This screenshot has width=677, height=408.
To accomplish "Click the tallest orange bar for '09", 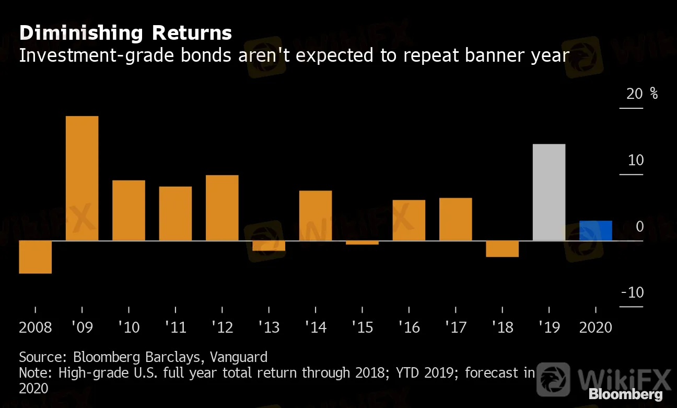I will [x=82, y=178].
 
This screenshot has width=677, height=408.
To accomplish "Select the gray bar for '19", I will [x=548, y=192].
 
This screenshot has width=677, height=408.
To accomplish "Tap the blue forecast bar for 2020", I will [x=596, y=231].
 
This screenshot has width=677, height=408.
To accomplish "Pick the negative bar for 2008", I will [x=35, y=257].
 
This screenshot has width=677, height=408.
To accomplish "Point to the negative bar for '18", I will [x=502, y=249].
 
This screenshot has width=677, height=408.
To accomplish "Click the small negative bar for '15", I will [x=362, y=243].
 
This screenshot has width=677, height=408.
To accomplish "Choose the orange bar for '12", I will [x=222, y=208].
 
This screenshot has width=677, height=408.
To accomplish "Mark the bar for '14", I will [x=316, y=216].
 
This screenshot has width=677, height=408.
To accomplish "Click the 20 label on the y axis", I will [x=635, y=94].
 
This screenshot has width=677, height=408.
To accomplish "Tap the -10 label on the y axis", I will [x=633, y=293].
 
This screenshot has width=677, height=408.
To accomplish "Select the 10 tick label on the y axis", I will [x=636, y=160].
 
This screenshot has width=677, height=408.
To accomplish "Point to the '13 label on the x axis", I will [x=269, y=328].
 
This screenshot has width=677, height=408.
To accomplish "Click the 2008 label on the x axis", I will [x=36, y=328].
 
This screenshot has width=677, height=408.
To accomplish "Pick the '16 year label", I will [x=409, y=328].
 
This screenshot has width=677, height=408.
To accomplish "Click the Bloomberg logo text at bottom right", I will [x=626, y=394].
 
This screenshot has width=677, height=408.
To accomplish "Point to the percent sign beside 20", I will [x=654, y=94].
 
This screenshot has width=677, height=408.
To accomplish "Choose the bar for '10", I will [x=129, y=210].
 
